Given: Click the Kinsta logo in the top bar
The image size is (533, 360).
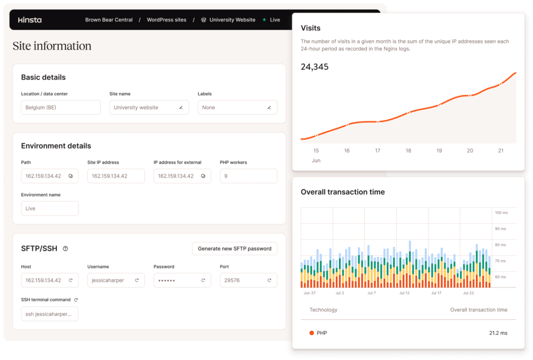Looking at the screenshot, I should point(30,20).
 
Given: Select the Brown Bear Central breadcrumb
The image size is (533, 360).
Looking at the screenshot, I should point(109,20).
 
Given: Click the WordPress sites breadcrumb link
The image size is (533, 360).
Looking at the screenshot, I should point(166,20).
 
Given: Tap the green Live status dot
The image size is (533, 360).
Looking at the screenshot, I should point(264,20).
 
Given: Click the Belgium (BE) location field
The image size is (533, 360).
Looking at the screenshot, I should point(60,107).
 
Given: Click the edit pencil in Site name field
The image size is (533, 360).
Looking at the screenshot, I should point(181,107).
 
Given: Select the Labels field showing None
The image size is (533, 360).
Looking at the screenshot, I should point(237,107).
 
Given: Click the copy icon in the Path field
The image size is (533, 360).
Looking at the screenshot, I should point(71,176).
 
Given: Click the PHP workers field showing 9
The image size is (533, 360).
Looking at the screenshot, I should point(248,176).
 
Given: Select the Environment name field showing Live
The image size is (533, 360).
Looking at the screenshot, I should point(49,208).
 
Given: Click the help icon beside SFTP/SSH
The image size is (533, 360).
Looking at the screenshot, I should point(65,249).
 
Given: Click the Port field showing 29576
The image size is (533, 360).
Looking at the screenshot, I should point(248,280).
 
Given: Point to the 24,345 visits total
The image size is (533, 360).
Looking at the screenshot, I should point(315,67).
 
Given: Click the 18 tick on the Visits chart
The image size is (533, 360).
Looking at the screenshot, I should point(408,151).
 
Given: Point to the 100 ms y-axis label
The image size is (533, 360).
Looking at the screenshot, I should point(501,213).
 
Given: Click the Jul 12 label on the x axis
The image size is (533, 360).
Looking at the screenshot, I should point(404,293).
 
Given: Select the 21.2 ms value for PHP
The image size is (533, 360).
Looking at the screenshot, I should point(498,333).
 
